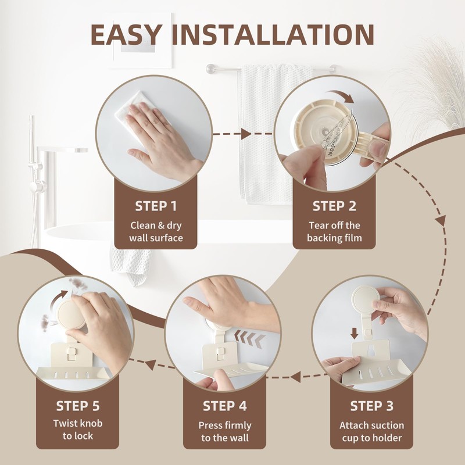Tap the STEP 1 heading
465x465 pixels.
point(156,206)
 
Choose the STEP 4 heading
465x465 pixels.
point(226,406)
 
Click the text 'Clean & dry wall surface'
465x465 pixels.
point(156,231)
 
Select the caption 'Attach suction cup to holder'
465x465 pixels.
point(372,431)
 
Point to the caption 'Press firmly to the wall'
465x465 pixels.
point(226,431)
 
